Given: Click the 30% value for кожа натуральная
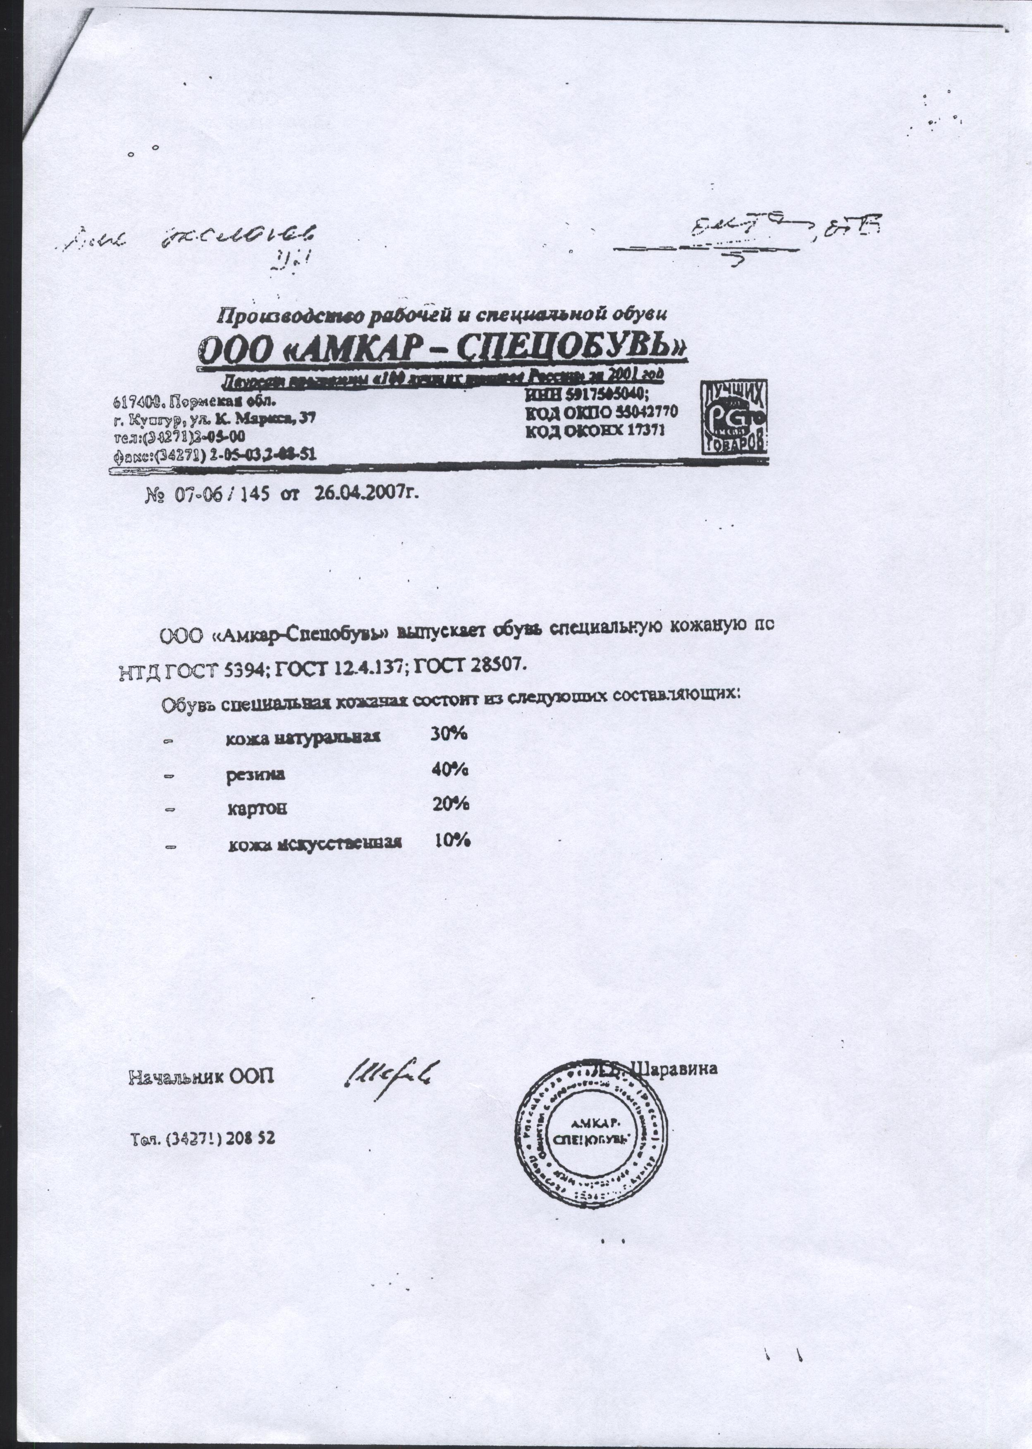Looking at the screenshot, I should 450,734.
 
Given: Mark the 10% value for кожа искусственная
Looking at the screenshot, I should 452,841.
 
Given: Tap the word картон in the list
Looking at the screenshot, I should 257,809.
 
